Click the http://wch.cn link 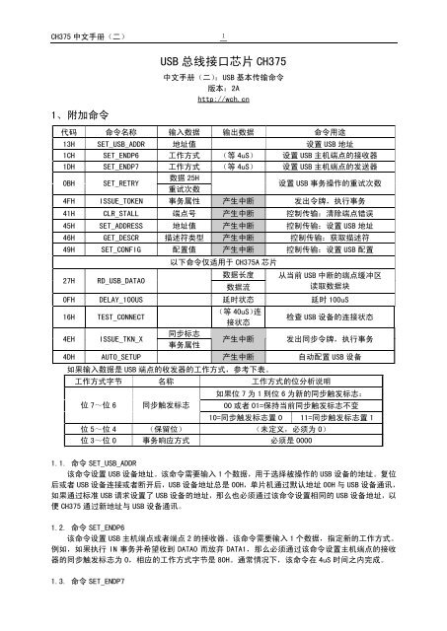point(224,98)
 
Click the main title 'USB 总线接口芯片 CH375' point(224,61)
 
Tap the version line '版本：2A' point(224,87)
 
